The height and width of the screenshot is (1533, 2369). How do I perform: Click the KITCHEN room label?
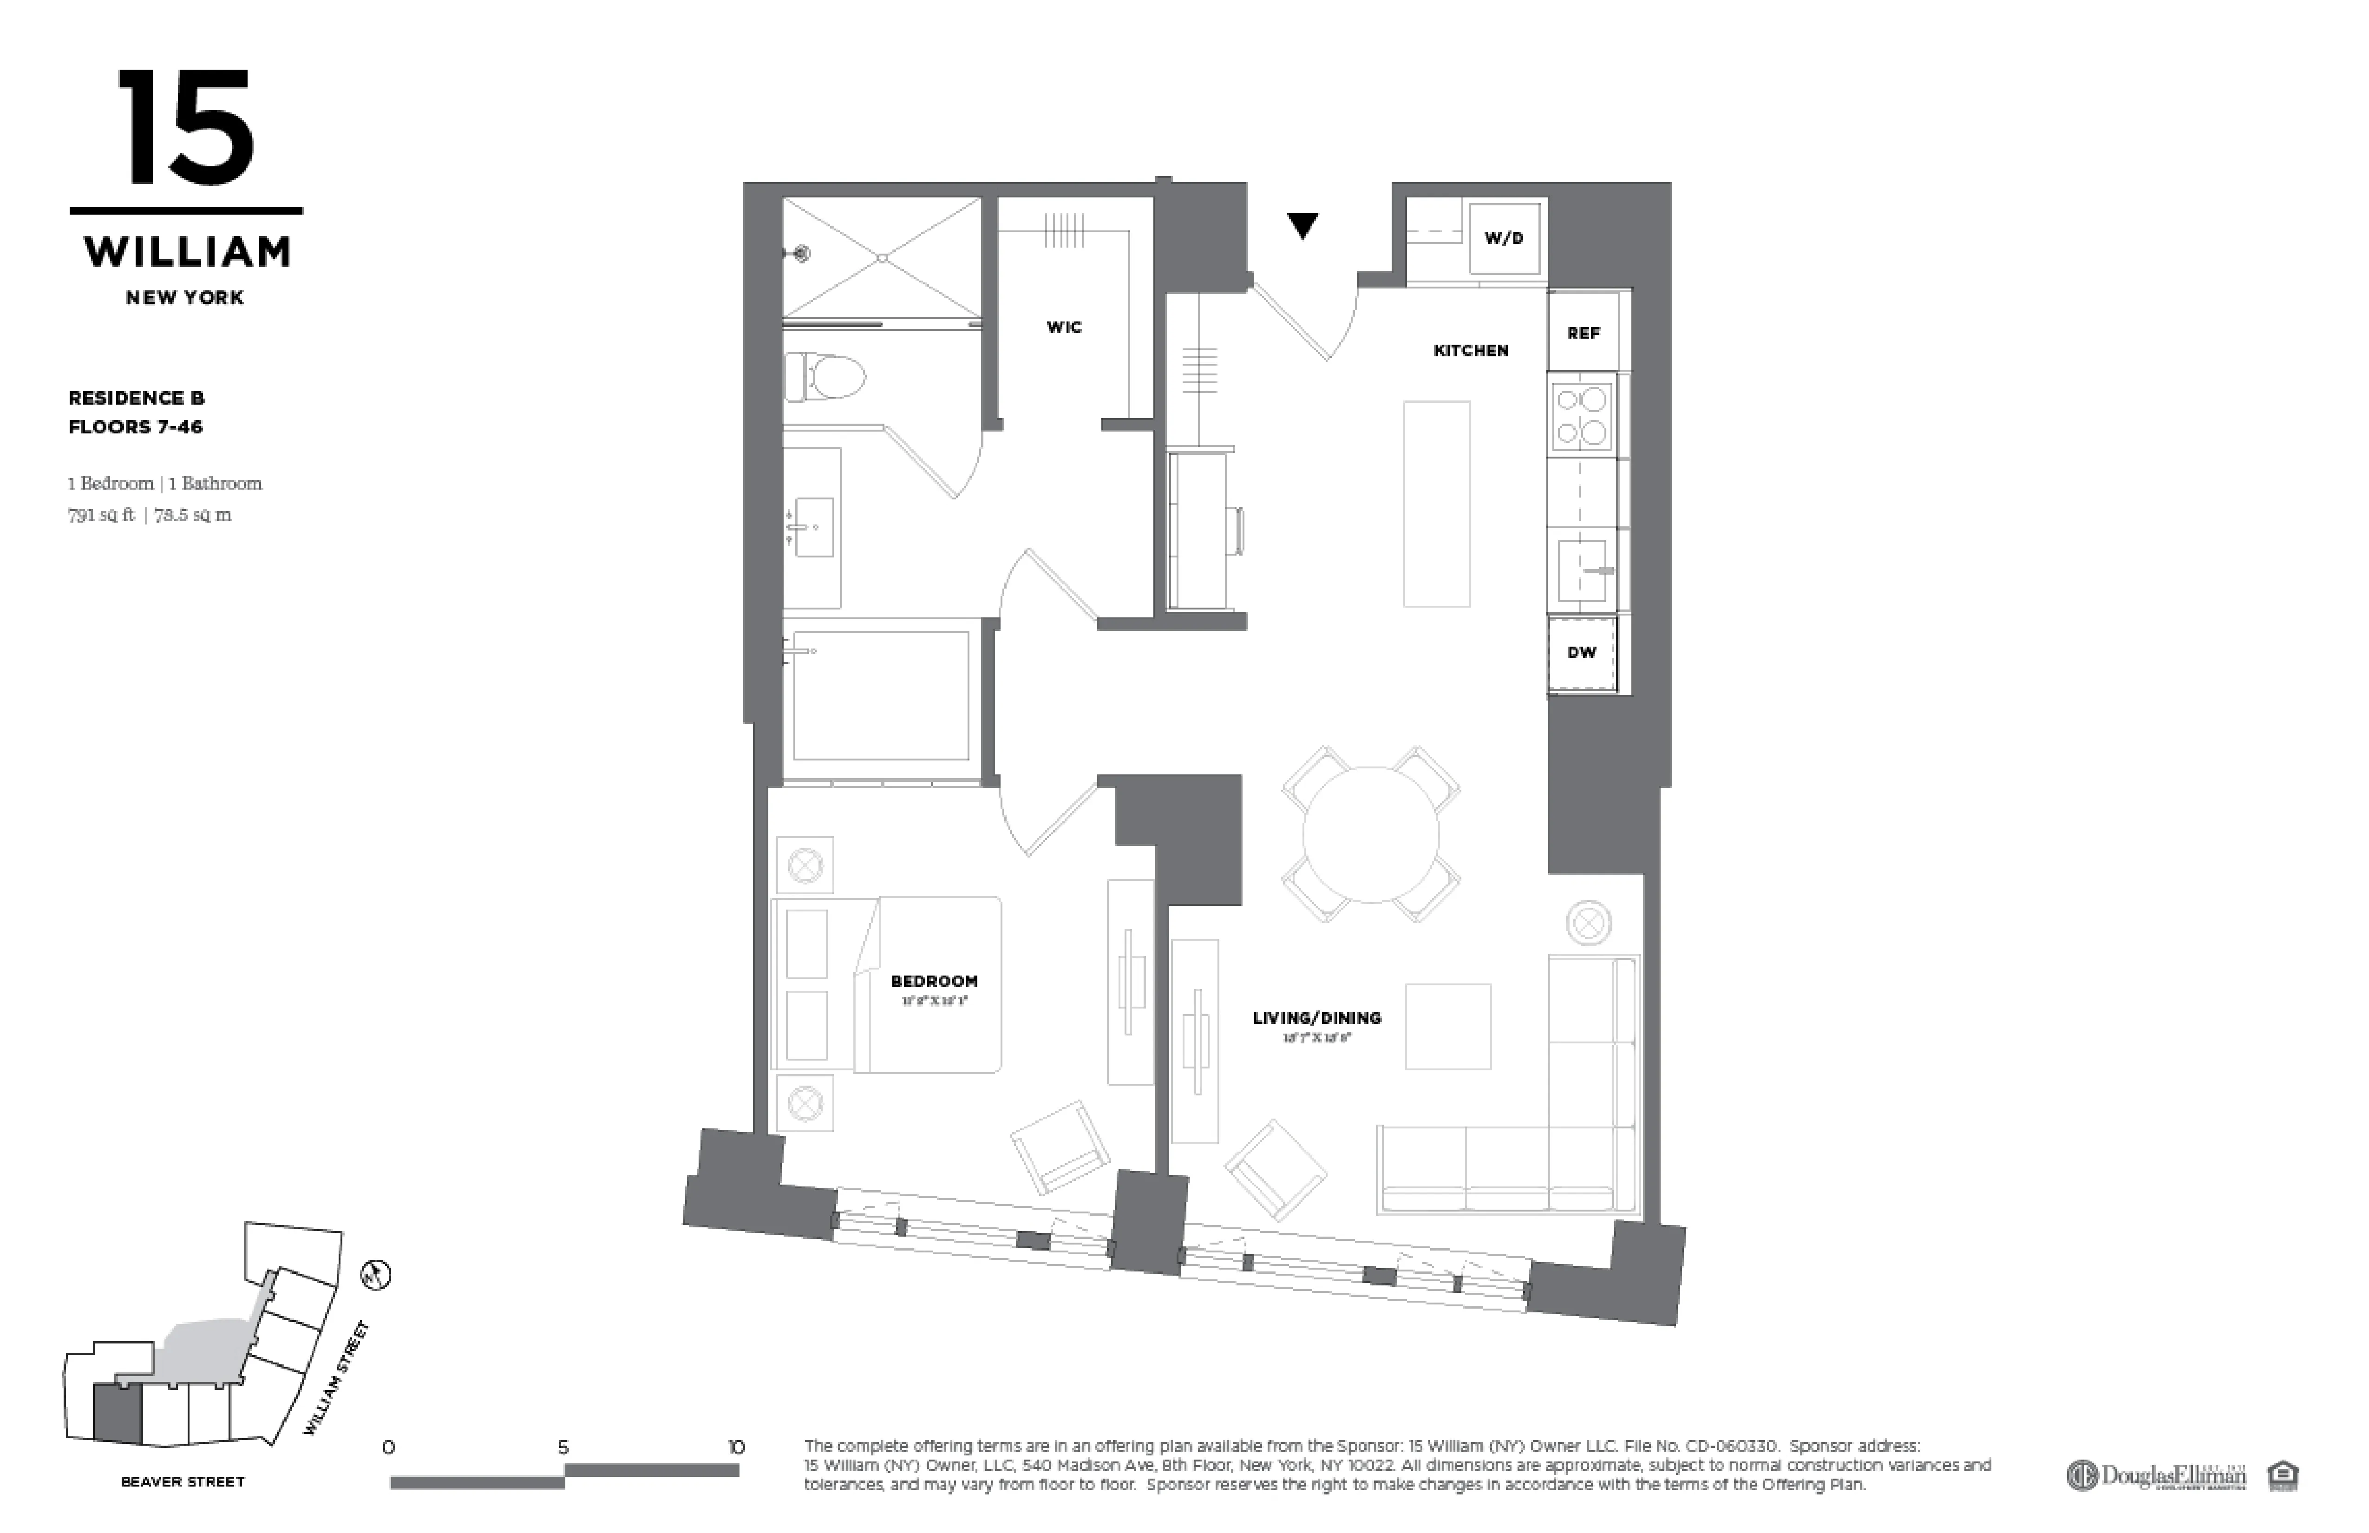pos(1470,350)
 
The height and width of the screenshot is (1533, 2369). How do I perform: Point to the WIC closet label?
pos(1063,328)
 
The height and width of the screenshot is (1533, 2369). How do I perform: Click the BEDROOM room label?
pos(934,982)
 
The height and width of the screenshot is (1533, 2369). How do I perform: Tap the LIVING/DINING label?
pos(1316,1018)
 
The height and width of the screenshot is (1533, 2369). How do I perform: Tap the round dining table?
pos(1371,834)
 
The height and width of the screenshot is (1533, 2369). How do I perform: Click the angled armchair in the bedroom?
pos(1060,1147)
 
